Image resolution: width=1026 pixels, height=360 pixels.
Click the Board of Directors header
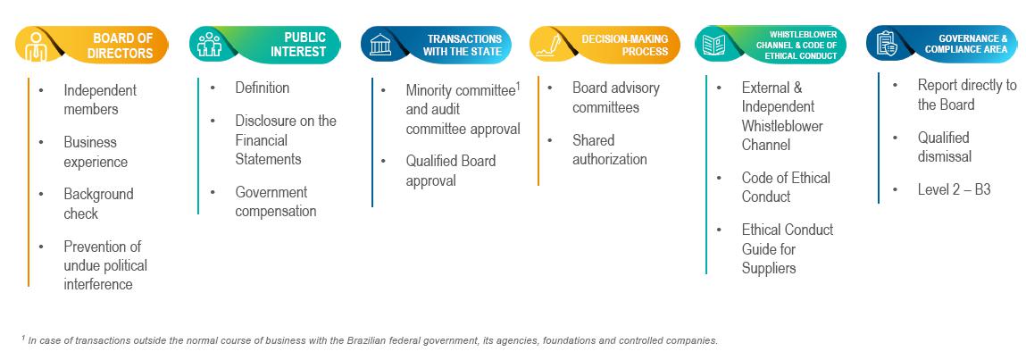coord(122,45)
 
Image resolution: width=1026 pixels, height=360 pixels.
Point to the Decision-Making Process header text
coord(625,45)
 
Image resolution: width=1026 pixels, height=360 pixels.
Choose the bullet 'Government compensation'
coord(276,202)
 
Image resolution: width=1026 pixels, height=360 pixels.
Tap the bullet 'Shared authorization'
coord(610,150)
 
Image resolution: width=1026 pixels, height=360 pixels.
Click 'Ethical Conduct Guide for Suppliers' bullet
coord(787,248)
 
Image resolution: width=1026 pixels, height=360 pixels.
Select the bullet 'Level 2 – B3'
coord(954,189)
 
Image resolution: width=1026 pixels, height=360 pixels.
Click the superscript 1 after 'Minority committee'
coord(517,86)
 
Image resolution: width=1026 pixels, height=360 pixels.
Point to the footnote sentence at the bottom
coord(369,340)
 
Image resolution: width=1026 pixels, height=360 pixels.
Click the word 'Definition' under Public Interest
coord(263,88)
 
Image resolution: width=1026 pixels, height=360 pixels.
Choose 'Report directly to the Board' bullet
coord(966,95)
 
